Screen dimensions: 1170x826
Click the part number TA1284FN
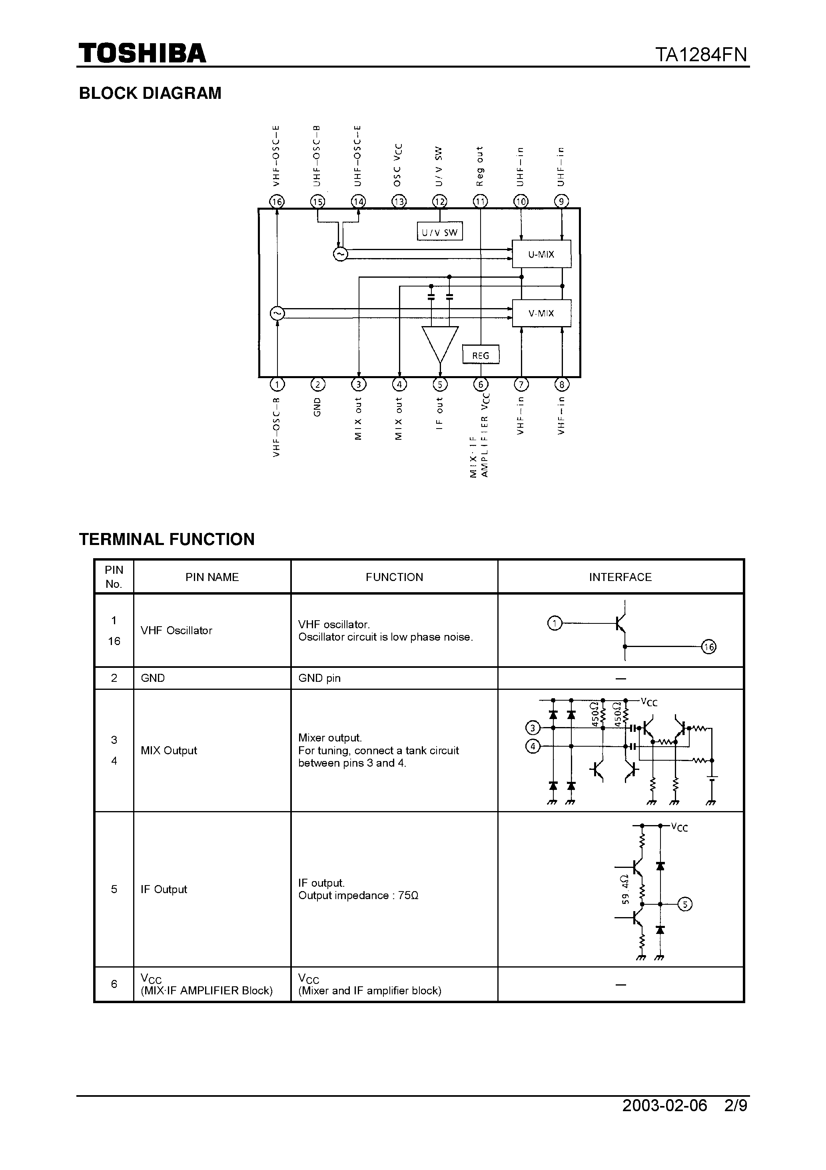[701, 54]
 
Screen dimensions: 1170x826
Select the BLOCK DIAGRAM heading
[150, 93]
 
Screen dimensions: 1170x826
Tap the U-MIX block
[541, 254]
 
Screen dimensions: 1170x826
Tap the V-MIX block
[541, 313]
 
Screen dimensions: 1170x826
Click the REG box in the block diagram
[480, 355]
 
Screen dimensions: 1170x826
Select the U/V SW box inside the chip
[439, 232]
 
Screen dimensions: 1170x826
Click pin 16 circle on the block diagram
[277, 202]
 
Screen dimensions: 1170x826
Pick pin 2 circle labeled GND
[318, 385]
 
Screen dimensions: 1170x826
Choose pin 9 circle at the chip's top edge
[561, 202]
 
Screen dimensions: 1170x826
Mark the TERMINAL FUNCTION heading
[167, 539]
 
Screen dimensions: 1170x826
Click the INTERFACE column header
[620, 577]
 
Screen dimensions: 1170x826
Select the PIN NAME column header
[212, 577]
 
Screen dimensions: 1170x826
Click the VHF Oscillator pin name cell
[176, 630]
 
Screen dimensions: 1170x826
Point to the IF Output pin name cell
[164, 889]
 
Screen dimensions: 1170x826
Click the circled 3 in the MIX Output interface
[533, 728]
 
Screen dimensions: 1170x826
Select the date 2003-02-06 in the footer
[664, 1105]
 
